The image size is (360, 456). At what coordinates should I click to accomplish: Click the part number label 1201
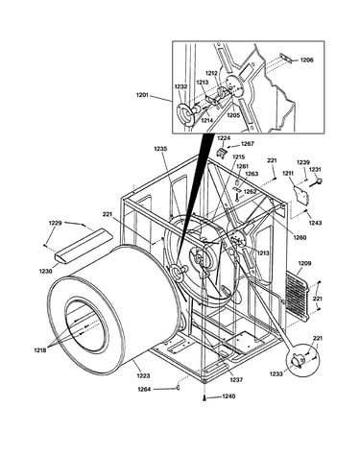[x=142, y=95]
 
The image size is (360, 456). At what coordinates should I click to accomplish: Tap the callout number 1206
[x=306, y=60]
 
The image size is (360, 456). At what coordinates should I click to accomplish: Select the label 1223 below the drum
[x=143, y=375]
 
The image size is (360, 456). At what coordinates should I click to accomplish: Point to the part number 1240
[x=228, y=396]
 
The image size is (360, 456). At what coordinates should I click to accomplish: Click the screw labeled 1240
[x=204, y=398]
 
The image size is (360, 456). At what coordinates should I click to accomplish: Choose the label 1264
[x=144, y=389]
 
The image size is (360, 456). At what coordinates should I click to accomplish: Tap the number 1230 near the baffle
[x=46, y=272]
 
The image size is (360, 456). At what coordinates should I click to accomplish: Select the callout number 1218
[x=40, y=350]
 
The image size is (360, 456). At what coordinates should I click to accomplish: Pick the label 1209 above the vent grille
[x=304, y=263]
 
